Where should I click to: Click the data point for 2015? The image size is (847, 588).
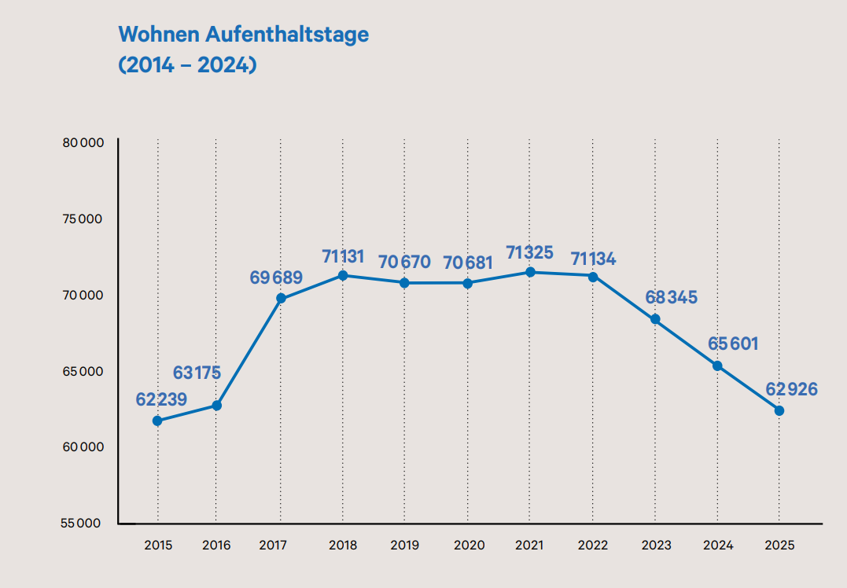(157, 421)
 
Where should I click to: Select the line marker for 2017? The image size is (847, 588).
(281, 299)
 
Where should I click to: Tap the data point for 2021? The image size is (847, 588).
(530, 272)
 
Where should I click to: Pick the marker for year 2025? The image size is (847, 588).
(779, 410)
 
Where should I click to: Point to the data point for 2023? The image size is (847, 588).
(655, 319)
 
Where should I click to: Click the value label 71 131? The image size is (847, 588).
(343, 256)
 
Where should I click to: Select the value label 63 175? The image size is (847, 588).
(197, 373)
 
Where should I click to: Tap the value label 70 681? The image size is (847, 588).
(469, 263)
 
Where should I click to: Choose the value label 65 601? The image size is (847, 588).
(716, 344)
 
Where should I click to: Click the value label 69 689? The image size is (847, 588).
(276, 277)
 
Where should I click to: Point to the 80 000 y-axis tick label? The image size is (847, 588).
(83, 143)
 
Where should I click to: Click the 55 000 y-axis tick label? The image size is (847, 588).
(83, 524)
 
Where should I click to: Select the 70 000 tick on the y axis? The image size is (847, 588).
(83, 295)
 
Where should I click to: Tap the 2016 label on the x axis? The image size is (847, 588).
(216, 546)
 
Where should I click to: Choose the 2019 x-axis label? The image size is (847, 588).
(404, 546)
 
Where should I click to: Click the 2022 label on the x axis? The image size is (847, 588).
(592, 546)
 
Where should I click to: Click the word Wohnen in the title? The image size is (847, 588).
(160, 35)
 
